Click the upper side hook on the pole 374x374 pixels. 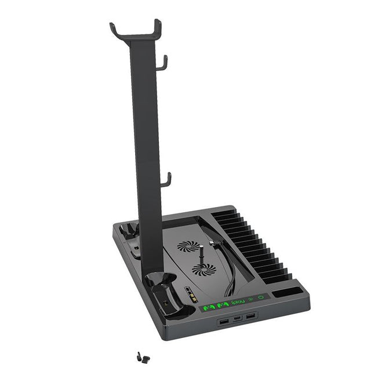click(164, 62)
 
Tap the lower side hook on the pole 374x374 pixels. click(166, 180)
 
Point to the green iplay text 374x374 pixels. click(237, 302)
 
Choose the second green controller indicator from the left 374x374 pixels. click(222, 303)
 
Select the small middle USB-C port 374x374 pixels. click(237, 318)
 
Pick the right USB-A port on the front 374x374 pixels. click(250, 316)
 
